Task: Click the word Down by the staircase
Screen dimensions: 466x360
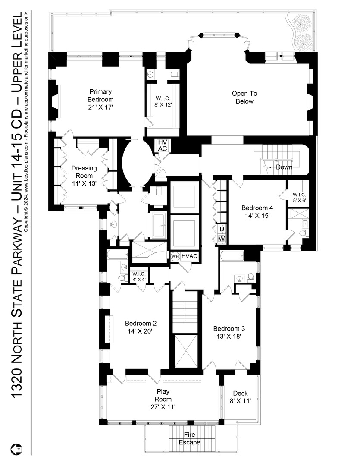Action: point(284,167)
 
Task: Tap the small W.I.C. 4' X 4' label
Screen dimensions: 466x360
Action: point(139,276)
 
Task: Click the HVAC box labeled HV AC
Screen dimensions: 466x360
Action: point(163,145)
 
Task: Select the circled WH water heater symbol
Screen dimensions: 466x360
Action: point(175,256)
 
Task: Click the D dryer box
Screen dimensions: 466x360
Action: point(221,229)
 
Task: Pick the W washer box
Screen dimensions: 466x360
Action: point(221,238)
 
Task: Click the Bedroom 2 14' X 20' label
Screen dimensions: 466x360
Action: point(141,327)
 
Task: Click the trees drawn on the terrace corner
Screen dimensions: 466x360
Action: point(304,32)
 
